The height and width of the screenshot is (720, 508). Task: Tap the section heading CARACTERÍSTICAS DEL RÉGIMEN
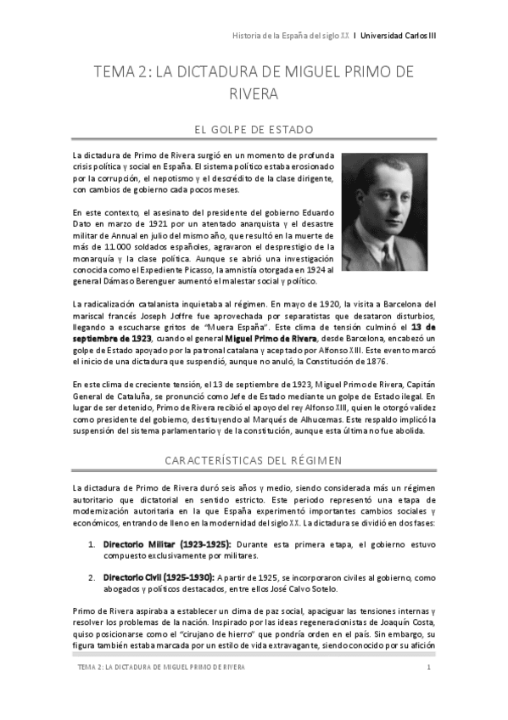tap(254, 459)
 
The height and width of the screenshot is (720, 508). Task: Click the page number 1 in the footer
tap(430, 669)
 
